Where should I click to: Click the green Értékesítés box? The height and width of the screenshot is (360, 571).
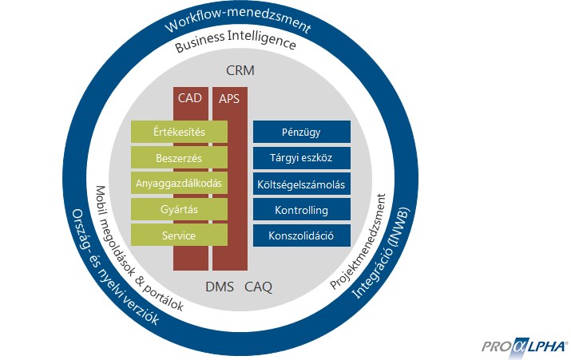(x=179, y=132)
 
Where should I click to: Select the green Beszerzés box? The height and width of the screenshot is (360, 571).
(x=179, y=158)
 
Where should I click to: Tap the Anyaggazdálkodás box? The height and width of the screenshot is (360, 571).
(x=179, y=184)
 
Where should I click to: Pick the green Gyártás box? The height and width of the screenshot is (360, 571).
(x=179, y=209)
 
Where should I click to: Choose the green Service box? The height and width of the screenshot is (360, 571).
(x=179, y=235)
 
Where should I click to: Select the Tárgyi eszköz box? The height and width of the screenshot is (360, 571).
(x=301, y=158)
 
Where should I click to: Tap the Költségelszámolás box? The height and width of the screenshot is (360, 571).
(x=301, y=184)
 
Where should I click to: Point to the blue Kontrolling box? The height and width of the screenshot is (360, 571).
(x=301, y=210)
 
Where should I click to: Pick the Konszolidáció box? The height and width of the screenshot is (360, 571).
(x=301, y=235)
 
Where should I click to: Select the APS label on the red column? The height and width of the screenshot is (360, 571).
(x=229, y=99)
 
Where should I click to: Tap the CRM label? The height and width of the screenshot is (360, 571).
(x=240, y=72)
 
